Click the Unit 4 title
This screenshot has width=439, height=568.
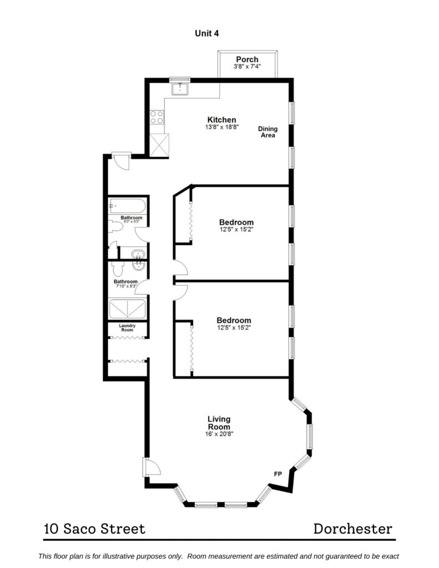[206, 33]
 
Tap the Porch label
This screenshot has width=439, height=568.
[247, 59]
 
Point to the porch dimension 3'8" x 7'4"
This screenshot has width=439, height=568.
[247, 67]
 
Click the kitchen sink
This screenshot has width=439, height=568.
[180, 88]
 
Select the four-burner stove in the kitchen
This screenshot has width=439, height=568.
[157, 117]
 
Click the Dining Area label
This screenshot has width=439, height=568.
[268, 132]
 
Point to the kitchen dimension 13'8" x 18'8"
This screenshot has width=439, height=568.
[222, 127]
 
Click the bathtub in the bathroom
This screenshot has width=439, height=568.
[127, 206]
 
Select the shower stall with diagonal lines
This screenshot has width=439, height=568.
[127, 308]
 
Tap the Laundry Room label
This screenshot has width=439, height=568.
[127, 327]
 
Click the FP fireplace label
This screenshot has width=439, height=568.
[277, 474]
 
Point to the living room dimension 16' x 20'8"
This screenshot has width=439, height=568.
[219, 434]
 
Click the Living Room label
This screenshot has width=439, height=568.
[219, 423]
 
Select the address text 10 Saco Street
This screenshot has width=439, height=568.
[94, 529]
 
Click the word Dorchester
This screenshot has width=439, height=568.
[353, 529]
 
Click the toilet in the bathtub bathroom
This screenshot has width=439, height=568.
[116, 227]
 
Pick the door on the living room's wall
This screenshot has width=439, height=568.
[152, 468]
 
